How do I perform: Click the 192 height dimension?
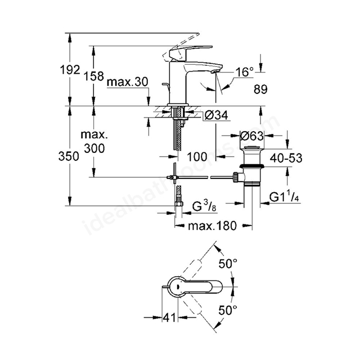tap(70, 70)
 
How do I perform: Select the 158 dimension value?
tap(93, 76)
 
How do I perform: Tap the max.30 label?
tap(128, 82)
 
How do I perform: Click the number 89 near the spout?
tap(260, 89)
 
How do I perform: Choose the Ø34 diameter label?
tap(216, 115)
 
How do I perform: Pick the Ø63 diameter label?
tap(251, 136)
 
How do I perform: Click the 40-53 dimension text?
tap(286, 158)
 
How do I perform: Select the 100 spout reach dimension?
tap(197, 157)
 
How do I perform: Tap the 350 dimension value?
tap(69, 156)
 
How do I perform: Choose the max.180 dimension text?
tap(212, 226)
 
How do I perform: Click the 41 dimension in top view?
tap(170, 317)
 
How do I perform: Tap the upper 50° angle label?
tap(228, 264)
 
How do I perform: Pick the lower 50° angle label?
tap(228, 310)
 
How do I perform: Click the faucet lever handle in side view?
tap(188, 52)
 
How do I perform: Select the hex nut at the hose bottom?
tap(178, 204)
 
